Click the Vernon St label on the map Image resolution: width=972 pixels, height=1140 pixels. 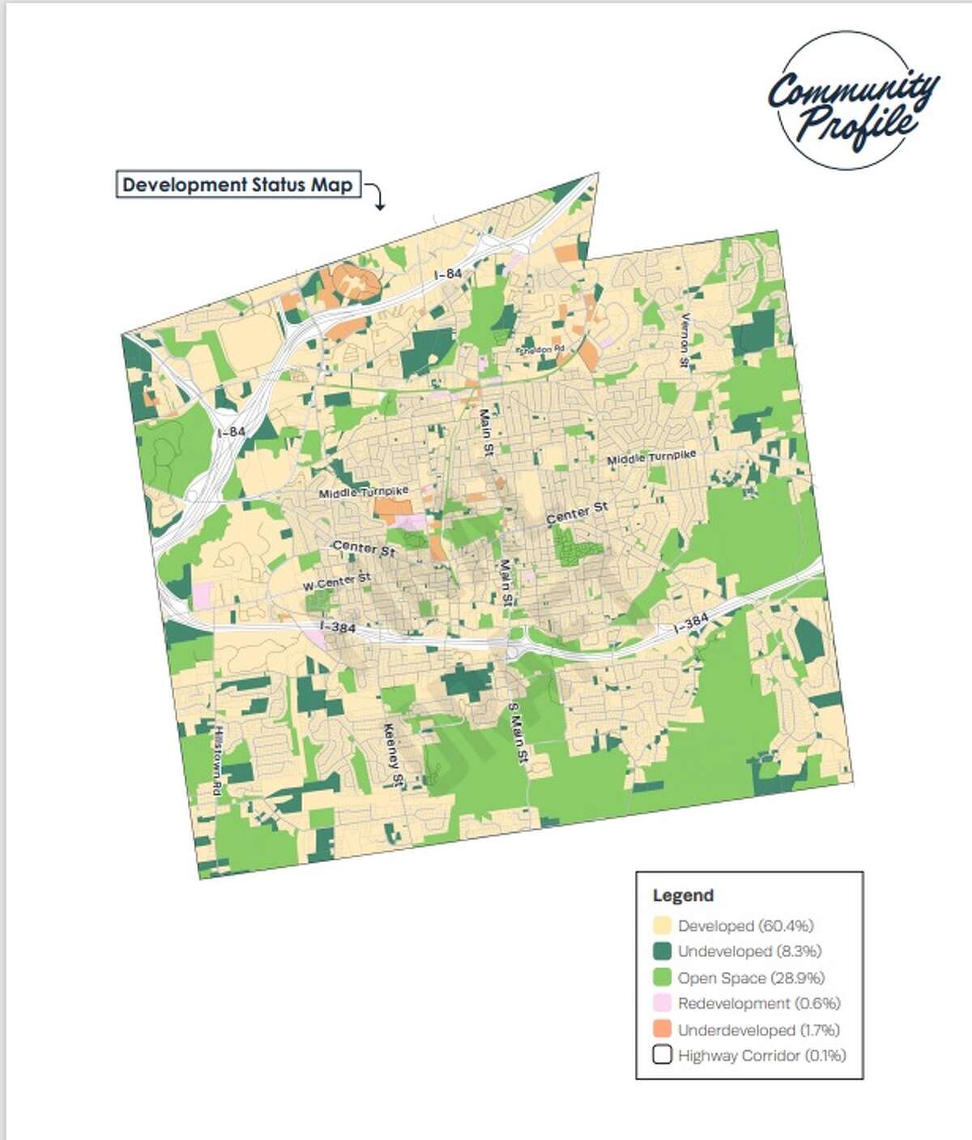[x=684, y=340]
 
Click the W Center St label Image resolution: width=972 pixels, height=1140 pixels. [x=337, y=582]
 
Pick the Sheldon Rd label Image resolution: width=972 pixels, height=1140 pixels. [x=541, y=349]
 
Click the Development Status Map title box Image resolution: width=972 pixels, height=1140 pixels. [x=237, y=185]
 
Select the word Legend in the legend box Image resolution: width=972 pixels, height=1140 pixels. [x=683, y=895]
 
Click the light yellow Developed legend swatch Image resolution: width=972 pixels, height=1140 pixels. [x=662, y=925]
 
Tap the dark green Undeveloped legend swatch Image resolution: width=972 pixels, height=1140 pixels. [x=662, y=951]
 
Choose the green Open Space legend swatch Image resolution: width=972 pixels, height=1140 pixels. [x=662, y=977]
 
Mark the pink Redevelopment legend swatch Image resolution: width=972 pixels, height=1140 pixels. [x=662, y=1003]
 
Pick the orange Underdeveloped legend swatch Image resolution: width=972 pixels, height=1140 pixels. [x=662, y=1030]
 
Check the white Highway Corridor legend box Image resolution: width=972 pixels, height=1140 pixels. [x=662, y=1056]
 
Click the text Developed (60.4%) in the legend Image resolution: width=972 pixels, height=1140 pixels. [x=745, y=925]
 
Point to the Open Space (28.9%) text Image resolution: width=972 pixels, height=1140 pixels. [x=751, y=977]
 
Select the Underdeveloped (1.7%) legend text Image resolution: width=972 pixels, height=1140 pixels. [x=758, y=1030]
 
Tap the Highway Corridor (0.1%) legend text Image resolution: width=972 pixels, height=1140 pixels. [x=761, y=1056]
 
